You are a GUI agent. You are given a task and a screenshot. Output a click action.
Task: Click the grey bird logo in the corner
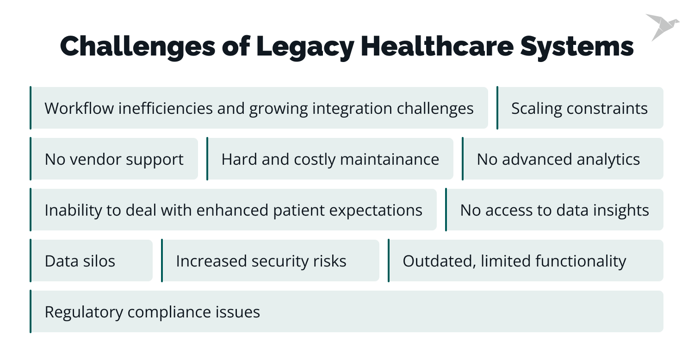coord(662,26)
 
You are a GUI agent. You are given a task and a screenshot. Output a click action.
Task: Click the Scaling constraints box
coord(579,108)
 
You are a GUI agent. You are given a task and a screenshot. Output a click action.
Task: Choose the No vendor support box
coord(114,159)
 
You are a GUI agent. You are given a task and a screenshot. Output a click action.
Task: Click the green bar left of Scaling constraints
coord(497,108)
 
